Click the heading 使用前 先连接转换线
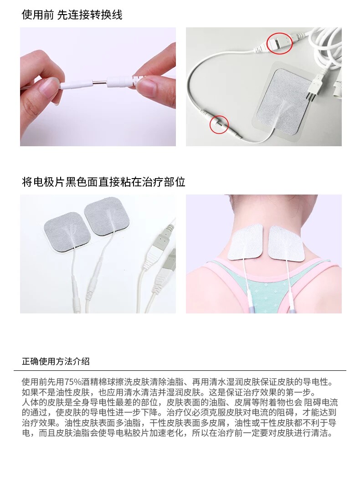(72, 15)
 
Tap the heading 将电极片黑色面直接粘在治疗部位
(103, 182)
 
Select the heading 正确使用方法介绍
(56, 361)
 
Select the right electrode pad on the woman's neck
(286, 243)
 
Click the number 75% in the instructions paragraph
(72, 382)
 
